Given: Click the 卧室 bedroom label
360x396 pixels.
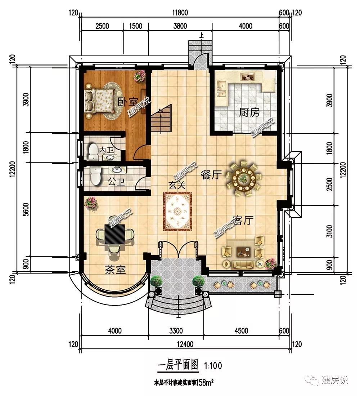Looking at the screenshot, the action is pyautogui.click(x=128, y=102).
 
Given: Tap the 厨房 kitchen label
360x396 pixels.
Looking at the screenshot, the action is pyautogui.click(x=249, y=112).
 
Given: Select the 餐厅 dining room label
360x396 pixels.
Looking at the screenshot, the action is pyautogui.click(x=211, y=174).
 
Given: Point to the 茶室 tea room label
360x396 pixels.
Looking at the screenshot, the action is pyautogui.click(x=115, y=270).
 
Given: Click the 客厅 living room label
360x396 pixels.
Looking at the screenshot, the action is pyautogui.click(x=243, y=220).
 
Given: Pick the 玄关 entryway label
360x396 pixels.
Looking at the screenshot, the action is pyautogui.click(x=177, y=185).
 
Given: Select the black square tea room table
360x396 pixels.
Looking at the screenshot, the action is pyautogui.click(x=115, y=234).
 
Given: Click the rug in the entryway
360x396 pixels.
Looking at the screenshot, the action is pyautogui.click(x=177, y=211).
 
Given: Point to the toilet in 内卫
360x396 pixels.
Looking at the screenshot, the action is pyautogui.click(x=93, y=152).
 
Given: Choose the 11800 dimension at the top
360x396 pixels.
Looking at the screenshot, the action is pyautogui.click(x=180, y=13).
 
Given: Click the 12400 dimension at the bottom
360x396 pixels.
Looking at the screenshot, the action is pyautogui.click(x=185, y=344).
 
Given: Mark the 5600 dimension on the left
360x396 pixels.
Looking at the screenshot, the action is pyautogui.click(x=26, y=209).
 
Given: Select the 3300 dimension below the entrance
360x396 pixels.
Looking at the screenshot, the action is pyautogui.click(x=176, y=330).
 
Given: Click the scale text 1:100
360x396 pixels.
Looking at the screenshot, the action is pyautogui.click(x=213, y=365).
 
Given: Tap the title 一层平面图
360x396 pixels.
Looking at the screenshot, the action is pyautogui.click(x=178, y=365).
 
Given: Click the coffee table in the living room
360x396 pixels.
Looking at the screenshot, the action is pyautogui.click(x=243, y=252).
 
